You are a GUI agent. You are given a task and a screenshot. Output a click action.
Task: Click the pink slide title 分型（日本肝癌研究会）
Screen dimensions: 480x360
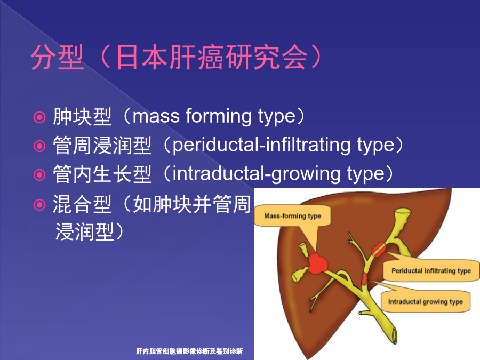point(177,57)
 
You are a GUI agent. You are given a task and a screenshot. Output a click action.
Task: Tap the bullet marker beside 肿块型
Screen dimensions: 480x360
point(39,117)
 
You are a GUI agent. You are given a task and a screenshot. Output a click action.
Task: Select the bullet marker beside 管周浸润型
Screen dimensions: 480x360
point(39,146)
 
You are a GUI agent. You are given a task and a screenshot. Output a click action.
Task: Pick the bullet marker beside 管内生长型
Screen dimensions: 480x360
point(39,175)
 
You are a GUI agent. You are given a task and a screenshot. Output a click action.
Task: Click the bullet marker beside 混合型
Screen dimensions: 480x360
point(39,205)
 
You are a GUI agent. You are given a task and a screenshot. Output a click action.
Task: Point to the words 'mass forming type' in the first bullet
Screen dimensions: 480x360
point(214,116)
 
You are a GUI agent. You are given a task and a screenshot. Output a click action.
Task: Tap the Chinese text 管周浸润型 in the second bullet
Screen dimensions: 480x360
point(102,145)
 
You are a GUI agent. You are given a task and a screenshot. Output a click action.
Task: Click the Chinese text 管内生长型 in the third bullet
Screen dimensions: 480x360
point(102,174)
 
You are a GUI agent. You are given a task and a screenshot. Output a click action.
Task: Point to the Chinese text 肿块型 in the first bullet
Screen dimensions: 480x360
point(82,117)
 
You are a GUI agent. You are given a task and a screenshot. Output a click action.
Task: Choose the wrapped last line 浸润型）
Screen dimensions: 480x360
point(90,231)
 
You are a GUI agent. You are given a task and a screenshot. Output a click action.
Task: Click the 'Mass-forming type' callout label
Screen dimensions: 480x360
point(292,216)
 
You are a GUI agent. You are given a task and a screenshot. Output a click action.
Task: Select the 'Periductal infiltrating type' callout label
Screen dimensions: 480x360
point(431,270)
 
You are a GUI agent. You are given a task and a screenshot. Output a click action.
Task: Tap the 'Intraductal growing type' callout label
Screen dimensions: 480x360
point(425,302)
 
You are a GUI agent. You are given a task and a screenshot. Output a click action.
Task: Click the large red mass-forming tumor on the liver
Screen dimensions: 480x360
point(317,263)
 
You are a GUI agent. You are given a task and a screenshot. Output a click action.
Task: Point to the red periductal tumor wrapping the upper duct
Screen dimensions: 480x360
point(379,249)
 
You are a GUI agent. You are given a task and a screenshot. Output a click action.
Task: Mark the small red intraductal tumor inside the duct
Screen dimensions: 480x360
point(364,278)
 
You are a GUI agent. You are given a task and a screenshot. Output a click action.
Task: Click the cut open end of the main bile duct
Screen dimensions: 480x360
point(394,335)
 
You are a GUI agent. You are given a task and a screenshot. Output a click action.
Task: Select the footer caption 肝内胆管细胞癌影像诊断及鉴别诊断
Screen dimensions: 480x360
point(189,351)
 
